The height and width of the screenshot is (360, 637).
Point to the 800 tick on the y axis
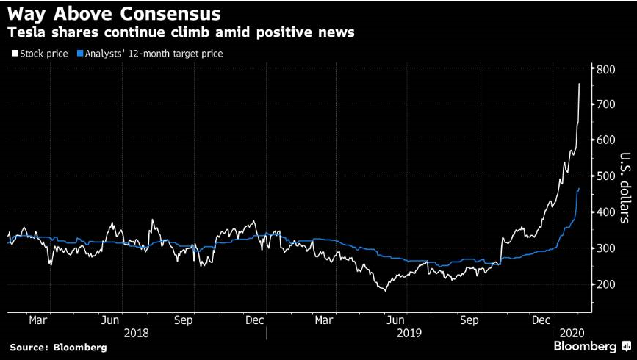click(605, 70)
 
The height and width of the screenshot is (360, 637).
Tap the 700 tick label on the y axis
click(605, 105)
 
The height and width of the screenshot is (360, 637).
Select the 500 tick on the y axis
click(605, 177)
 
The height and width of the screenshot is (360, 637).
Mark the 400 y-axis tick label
click(605, 212)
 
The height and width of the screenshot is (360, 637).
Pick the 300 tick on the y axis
click(605, 248)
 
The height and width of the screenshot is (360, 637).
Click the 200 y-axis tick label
click(605, 284)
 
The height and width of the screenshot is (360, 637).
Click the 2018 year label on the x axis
click(137, 332)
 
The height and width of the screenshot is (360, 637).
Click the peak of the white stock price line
click(579, 84)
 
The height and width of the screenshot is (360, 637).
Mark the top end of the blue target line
click(579, 189)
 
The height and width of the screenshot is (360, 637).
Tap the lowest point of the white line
click(384, 291)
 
